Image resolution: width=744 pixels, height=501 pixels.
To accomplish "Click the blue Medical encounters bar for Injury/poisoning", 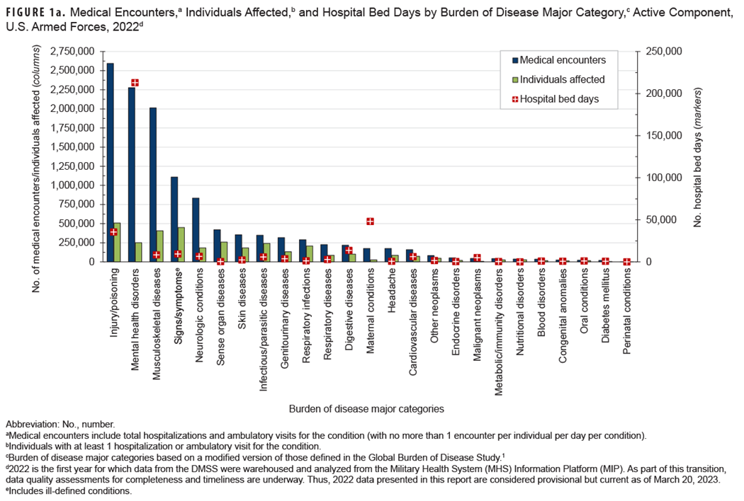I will click(110, 163).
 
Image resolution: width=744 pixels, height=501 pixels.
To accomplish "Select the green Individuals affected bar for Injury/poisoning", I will click(117, 243).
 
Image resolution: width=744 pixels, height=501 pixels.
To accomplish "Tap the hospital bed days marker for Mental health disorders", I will click(135, 83).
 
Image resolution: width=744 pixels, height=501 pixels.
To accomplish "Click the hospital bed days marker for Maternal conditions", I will click(370, 221).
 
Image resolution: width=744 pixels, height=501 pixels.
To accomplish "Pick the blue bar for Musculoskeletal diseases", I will click(152, 185).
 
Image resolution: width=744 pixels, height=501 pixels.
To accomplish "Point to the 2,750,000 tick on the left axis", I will click(74, 52).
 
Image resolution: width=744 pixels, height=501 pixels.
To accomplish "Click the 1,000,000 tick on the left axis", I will click(74, 185).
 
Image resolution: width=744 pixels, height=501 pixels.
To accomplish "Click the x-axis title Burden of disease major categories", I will click(366, 408).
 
